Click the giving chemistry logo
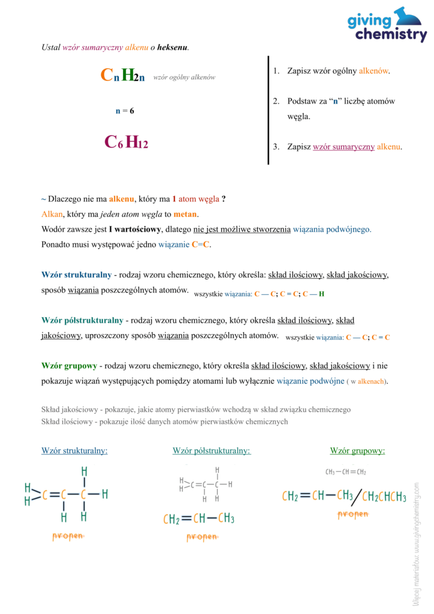pyautogui.click(x=387, y=25)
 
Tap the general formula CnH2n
pyautogui.click(x=123, y=76)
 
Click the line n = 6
pyautogui.click(x=125, y=111)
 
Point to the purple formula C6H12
pyautogui.click(x=126, y=142)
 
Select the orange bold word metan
pyautogui.click(x=185, y=214)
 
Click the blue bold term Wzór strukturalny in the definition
pyautogui.click(x=76, y=275)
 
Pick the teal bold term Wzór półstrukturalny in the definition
pyautogui.click(x=82, y=321)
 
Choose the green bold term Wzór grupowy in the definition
pyautogui.click(x=69, y=366)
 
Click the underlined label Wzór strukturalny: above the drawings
pyautogui.click(x=74, y=451)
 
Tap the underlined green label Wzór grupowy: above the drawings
pyautogui.click(x=357, y=451)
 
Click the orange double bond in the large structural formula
pyautogui.click(x=55, y=495)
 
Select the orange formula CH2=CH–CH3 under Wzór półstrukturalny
pyautogui.click(x=198, y=519)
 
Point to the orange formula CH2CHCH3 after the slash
pyautogui.click(x=384, y=497)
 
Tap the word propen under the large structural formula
pyautogui.click(x=67, y=535)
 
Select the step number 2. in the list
pyautogui.click(x=276, y=101)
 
